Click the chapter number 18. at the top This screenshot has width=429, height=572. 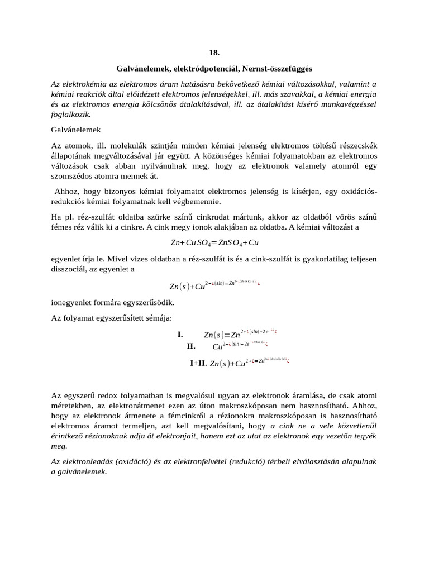(x=214, y=53)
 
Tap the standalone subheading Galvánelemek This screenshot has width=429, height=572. (x=75, y=129)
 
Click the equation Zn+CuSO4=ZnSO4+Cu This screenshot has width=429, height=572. (x=214, y=243)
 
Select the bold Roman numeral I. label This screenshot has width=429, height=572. (x=180, y=335)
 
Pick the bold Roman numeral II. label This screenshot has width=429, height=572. (x=191, y=346)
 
